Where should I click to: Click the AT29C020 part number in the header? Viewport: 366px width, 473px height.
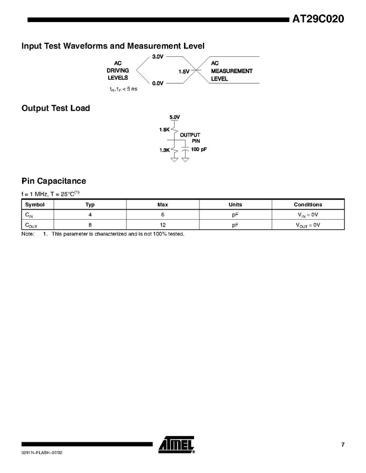[318, 19]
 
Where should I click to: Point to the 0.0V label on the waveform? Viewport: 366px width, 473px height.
[158, 83]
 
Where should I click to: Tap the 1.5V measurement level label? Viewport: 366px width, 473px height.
[184, 71]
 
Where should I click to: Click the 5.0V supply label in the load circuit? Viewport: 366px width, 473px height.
[175, 116]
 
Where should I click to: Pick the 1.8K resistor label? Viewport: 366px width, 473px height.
[164, 129]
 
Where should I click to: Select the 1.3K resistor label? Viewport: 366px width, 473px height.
[164, 150]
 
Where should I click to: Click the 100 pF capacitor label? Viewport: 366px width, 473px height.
[199, 150]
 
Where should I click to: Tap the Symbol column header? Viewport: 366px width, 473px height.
[35, 204]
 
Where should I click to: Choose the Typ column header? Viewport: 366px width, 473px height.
[90, 204]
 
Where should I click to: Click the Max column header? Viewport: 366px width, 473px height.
[162, 204]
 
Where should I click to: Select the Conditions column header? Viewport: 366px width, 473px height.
[307, 204]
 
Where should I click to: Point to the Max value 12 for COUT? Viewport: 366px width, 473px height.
[162, 225]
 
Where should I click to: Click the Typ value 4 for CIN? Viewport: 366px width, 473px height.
[90, 215]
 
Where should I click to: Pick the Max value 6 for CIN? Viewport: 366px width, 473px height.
[162, 215]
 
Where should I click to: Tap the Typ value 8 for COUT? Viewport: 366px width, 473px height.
[90, 225]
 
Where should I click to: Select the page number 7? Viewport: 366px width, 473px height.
[342, 445]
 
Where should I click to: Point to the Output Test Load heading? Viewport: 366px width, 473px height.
[55, 108]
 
